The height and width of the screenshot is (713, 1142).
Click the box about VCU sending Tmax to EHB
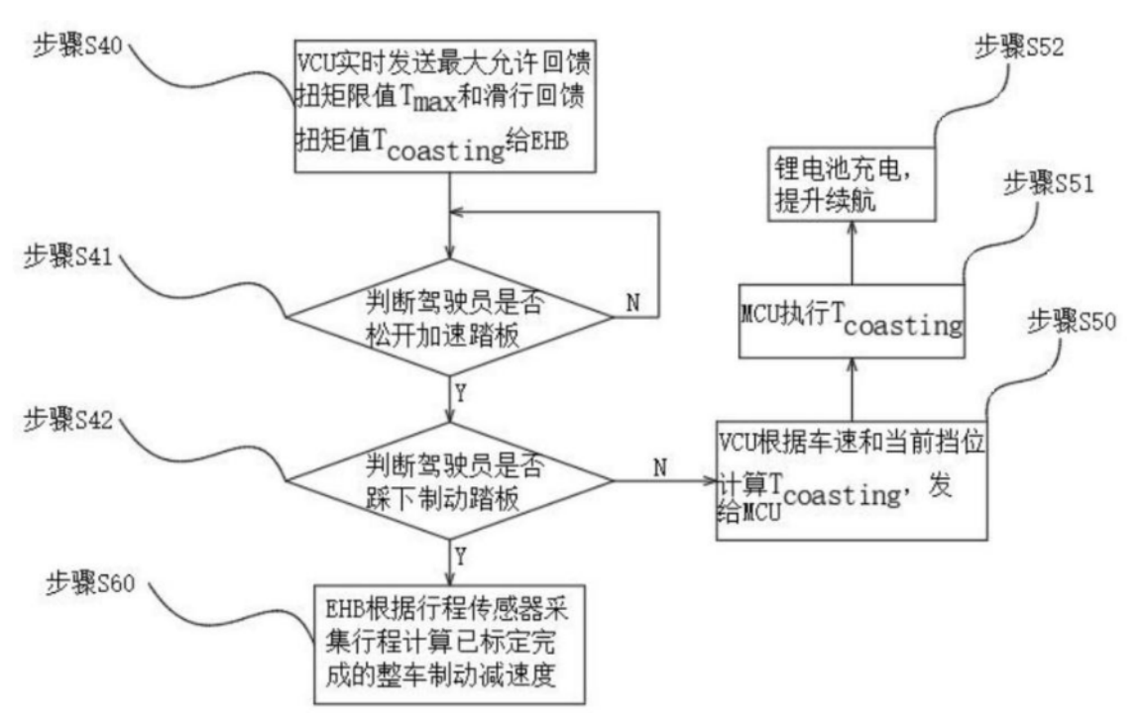[449, 105]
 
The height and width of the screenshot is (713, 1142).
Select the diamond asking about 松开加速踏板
[449, 317]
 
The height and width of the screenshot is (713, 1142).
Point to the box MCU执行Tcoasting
[852, 320]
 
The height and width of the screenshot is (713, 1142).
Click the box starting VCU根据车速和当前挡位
[852, 480]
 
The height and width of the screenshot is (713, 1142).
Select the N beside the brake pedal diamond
[658, 466]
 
